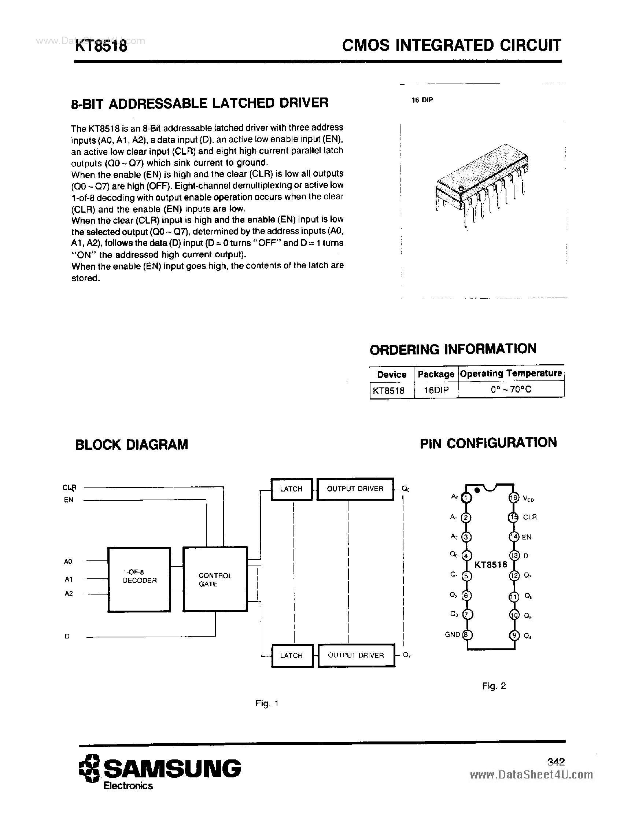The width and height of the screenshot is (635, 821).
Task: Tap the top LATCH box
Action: tap(291, 489)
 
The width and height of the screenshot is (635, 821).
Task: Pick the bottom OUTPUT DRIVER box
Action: tap(356, 655)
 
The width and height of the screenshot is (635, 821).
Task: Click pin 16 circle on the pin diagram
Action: tap(514, 498)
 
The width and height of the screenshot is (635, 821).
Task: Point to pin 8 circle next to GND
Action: tap(467, 634)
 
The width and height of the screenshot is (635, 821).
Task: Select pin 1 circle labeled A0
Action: tap(466, 498)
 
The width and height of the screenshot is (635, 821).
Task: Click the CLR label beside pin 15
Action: tap(530, 517)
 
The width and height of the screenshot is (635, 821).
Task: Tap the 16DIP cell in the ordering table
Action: tap(436, 390)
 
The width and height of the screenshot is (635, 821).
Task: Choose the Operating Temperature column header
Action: tap(511, 373)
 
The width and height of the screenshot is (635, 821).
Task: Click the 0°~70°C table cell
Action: tap(511, 390)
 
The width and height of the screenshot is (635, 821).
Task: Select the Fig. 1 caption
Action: tap(267, 703)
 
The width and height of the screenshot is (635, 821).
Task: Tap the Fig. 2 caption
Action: tap(494, 686)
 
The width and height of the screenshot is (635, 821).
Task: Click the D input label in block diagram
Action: tap(67, 636)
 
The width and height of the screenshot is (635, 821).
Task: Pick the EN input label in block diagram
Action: tap(69, 500)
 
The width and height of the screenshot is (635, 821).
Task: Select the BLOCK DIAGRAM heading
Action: tap(132, 445)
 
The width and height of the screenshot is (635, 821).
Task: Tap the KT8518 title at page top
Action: tap(101, 47)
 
